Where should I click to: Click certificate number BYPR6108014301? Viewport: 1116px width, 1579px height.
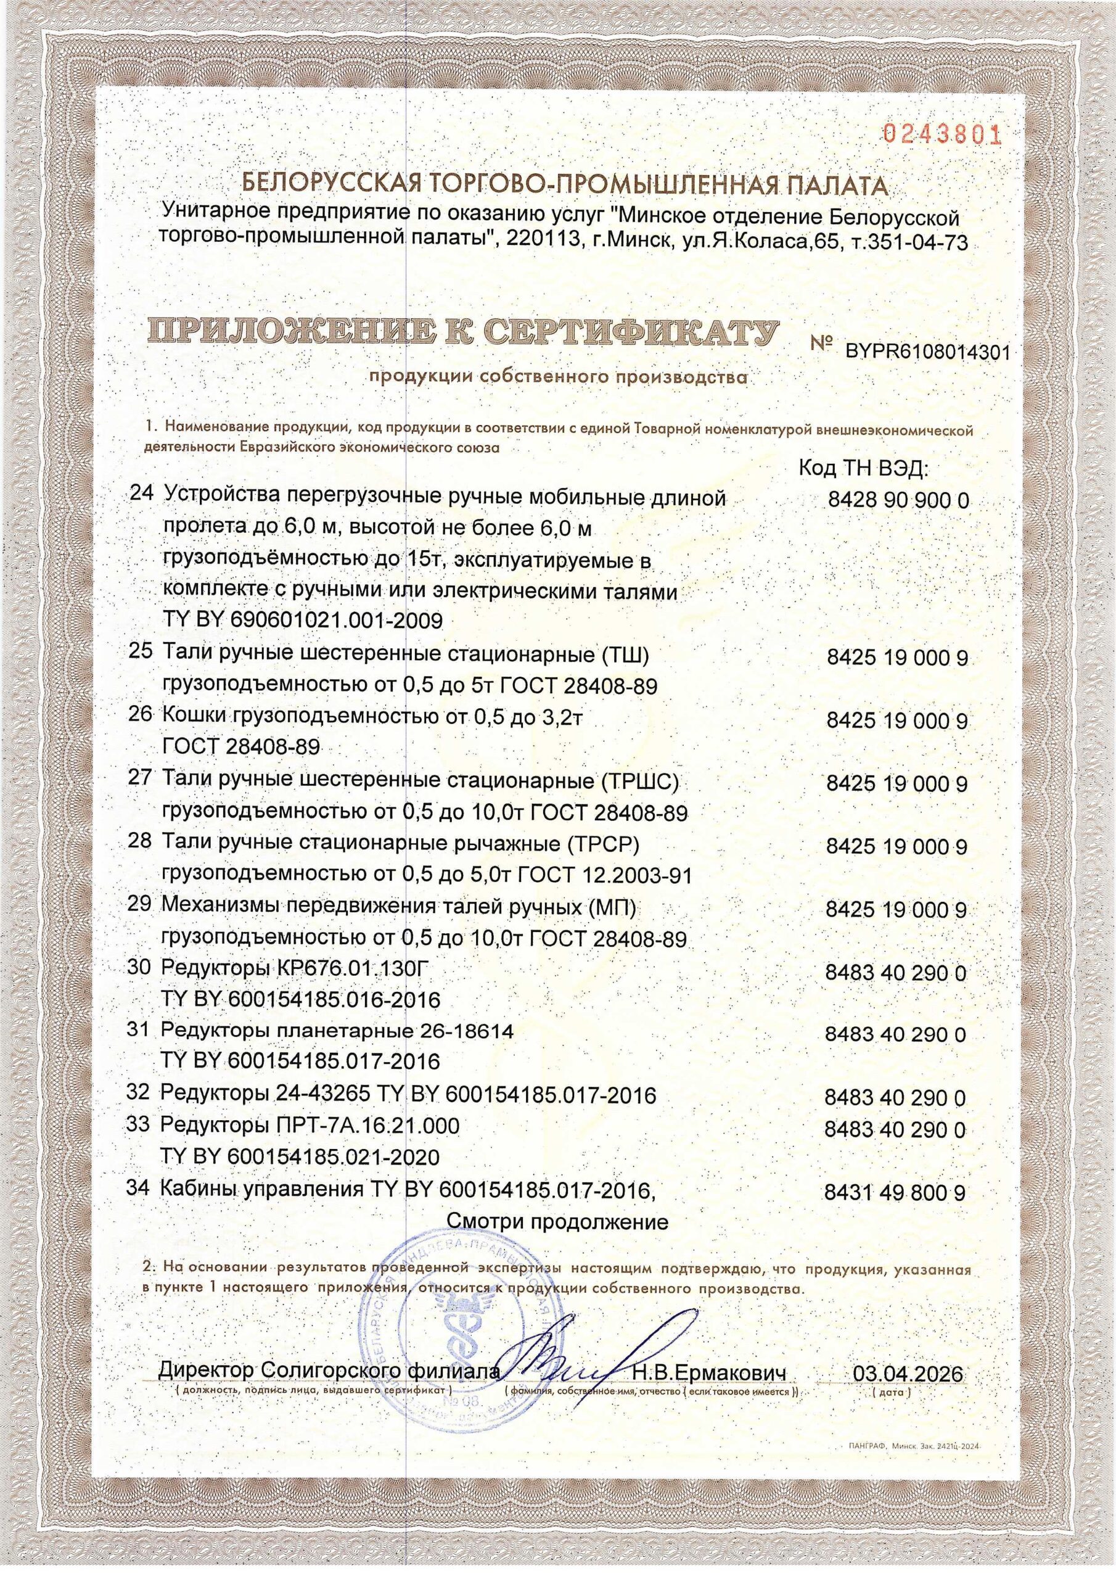927,353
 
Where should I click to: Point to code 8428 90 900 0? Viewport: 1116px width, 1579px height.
898,500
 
